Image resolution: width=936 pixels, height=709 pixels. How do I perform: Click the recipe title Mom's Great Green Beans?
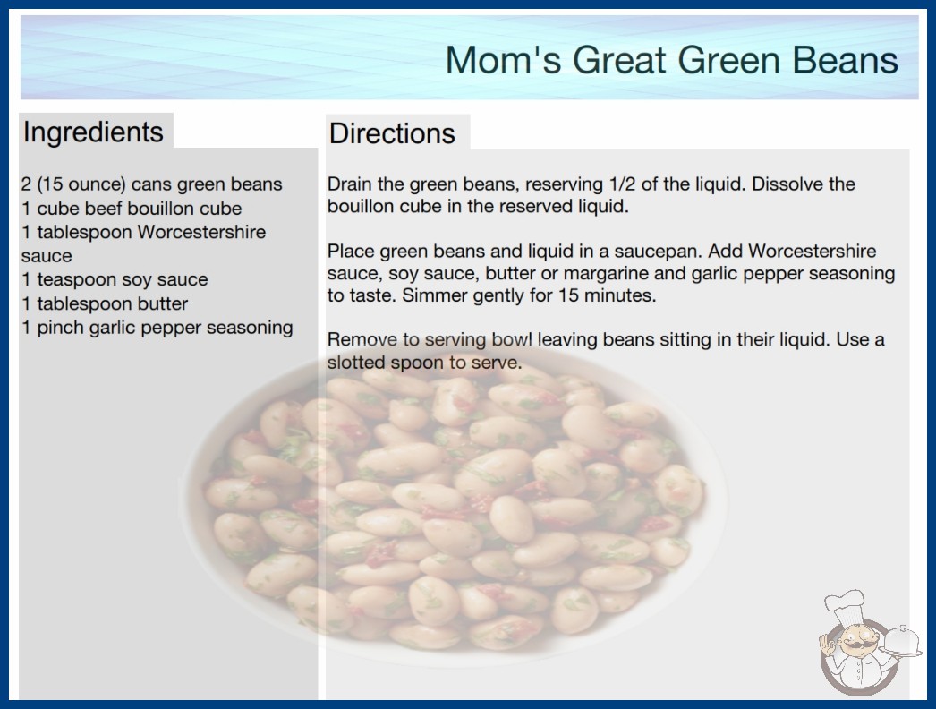(x=671, y=60)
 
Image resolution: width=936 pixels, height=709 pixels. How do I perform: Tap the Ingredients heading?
(x=93, y=132)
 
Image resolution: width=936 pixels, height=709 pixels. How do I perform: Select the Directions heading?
(x=392, y=133)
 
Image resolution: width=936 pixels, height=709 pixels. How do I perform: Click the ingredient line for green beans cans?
(x=151, y=184)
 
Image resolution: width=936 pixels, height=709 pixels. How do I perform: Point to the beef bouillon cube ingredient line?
(x=132, y=209)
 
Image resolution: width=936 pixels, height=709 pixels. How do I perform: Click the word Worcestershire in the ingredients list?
(x=201, y=232)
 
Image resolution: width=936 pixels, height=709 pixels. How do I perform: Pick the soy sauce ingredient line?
(x=115, y=279)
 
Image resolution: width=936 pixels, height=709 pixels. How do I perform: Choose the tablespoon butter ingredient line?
(x=105, y=303)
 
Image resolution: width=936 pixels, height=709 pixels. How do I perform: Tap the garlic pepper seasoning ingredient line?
(x=157, y=328)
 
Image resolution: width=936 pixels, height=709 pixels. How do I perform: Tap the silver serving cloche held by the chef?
(x=901, y=640)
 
